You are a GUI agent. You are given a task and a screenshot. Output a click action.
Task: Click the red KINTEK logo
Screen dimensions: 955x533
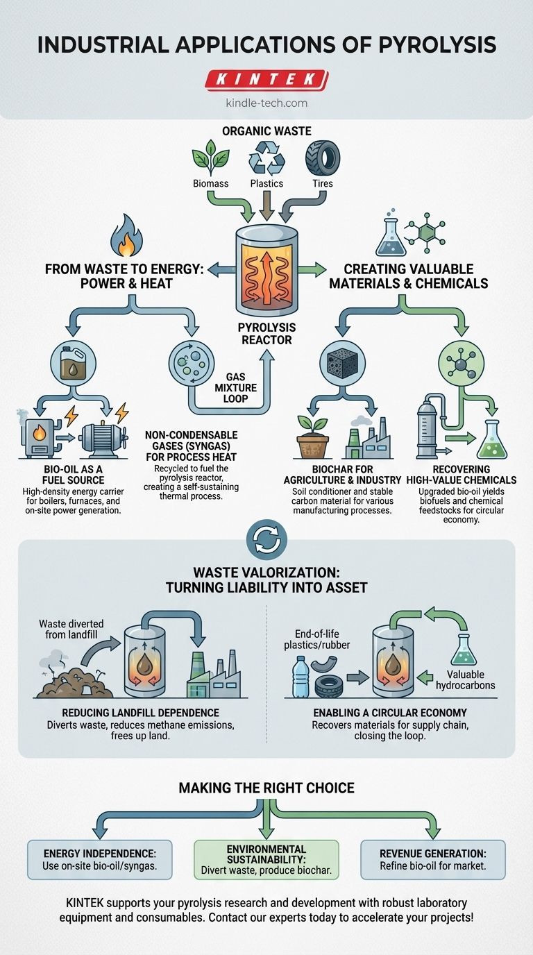[x=266, y=80]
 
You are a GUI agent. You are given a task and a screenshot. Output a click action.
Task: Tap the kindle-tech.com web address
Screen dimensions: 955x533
[x=266, y=103]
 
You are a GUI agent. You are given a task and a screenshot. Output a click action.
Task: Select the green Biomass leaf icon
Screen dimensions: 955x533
[x=210, y=158]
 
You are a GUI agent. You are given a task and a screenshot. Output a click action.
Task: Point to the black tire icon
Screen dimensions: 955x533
[x=323, y=158]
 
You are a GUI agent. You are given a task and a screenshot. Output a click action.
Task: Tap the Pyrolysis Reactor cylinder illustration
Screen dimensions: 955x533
[x=266, y=267]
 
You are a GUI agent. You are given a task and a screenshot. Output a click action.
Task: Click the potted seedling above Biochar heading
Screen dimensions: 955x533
[x=312, y=439]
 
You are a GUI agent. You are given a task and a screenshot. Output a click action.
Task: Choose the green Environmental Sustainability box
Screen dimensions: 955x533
[x=266, y=859]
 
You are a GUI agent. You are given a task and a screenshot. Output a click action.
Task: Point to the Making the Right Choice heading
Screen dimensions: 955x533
[x=266, y=788]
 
